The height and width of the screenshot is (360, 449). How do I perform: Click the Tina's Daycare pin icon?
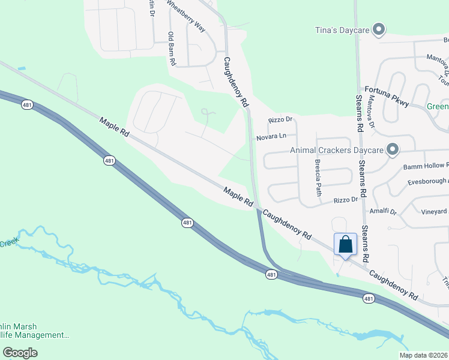click(378, 29)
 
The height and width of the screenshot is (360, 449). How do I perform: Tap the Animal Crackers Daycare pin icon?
click(393, 149)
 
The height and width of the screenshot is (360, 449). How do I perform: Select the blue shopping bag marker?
click(345, 245)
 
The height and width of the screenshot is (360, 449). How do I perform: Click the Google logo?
click(20, 353)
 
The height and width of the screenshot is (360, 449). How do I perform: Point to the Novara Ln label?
click(271, 137)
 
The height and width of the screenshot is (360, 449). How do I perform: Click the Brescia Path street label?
click(318, 178)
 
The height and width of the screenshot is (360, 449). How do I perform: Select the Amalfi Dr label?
click(385, 212)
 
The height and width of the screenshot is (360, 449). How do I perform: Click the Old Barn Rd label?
click(172, 48)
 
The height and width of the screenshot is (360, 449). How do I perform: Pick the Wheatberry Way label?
click(185, 11)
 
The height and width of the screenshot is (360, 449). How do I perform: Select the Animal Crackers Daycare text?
click(337, 151)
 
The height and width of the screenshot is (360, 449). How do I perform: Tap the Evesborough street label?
click(427, 181)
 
